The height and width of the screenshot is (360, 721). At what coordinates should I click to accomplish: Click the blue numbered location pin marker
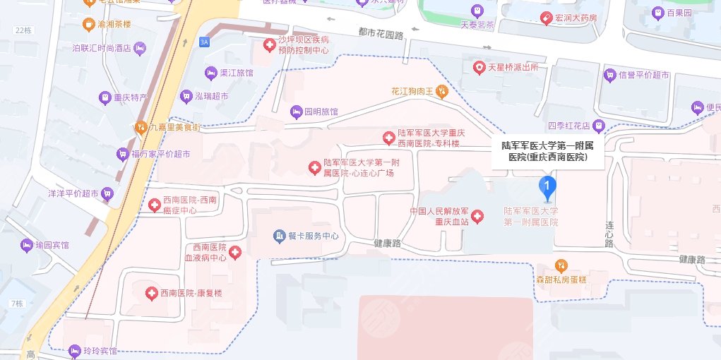[547, 186]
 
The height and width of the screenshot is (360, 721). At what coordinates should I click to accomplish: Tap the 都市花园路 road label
[381, 32]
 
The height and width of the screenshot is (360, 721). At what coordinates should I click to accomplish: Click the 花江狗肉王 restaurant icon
[442, 90]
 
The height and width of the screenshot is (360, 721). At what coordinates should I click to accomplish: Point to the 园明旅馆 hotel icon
[296, 112]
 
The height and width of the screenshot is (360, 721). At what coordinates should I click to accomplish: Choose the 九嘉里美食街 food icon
[141, 127]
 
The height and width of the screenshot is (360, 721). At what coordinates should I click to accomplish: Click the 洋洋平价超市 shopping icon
[107, 193]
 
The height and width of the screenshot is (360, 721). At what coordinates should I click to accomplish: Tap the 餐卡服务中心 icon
[280, 235]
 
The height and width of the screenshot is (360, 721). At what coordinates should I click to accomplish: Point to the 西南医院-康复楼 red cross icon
[150, 293]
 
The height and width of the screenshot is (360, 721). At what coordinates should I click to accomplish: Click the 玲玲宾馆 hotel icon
[75, 351]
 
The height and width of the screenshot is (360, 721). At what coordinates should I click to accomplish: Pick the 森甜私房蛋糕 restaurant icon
[561, 265]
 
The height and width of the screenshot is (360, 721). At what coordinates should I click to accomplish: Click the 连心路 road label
[609, 234]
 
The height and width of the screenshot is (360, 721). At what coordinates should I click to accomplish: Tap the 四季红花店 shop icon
[599, 126]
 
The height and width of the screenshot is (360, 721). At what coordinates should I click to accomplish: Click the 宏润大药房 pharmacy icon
[546, 18]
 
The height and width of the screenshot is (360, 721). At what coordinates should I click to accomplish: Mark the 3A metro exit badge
[205, 42]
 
